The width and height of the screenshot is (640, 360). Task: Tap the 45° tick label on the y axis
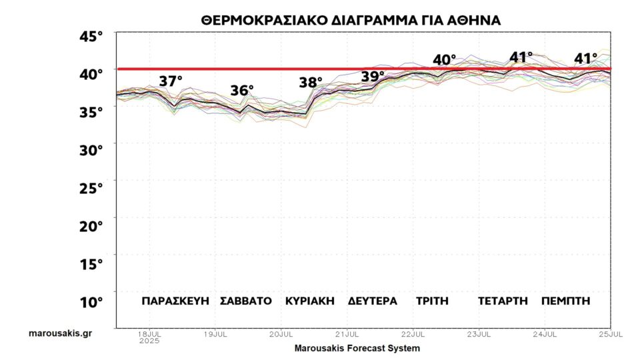[92, 35]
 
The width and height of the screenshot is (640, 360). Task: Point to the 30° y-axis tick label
[92, 149]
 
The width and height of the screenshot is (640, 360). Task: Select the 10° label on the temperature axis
[92, 301]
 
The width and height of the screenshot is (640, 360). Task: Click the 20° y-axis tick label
[92, 225]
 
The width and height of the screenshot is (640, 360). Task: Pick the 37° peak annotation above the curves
[171, 81]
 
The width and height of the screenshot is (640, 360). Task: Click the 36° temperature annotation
[243, 91]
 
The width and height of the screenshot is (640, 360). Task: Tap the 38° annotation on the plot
[311, 83]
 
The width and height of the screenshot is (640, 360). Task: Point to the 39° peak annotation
[373, 76]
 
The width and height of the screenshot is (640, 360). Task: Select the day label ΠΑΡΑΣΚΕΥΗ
[176, 301]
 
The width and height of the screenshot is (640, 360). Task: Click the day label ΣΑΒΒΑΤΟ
[246, 301]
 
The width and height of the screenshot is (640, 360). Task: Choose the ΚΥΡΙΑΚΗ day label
[309, 301]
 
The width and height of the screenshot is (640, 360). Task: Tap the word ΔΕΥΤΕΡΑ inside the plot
[373, 301]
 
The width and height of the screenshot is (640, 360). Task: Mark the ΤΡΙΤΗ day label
[432, 301]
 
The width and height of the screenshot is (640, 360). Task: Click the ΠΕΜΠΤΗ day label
[566, 301]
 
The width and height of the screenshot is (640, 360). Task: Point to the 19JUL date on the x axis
[215, 333]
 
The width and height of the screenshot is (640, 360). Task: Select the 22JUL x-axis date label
[413, 333]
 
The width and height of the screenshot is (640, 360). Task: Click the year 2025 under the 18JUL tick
[149, 340]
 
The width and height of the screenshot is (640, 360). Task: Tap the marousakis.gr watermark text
[60, 333]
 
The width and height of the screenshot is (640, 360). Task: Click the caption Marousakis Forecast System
[357, 348]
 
